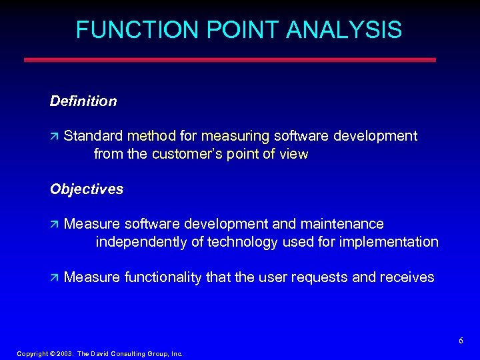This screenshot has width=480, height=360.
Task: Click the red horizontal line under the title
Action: (x=230, y=59)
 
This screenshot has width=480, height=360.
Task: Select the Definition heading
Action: (x=83, y=101)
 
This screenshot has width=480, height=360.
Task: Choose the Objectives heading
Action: (x=87, y=189)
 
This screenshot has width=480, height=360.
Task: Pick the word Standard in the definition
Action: (x=93, y=136)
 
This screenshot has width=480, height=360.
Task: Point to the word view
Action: (x=294, y=155)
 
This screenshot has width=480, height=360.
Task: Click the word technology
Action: (x=243, y=241)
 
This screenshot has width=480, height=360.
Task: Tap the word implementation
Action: (x=389, y=241)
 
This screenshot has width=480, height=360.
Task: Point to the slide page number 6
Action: (x=461, y=341)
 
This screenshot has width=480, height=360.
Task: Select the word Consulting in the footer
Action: (x=125, y=354)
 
